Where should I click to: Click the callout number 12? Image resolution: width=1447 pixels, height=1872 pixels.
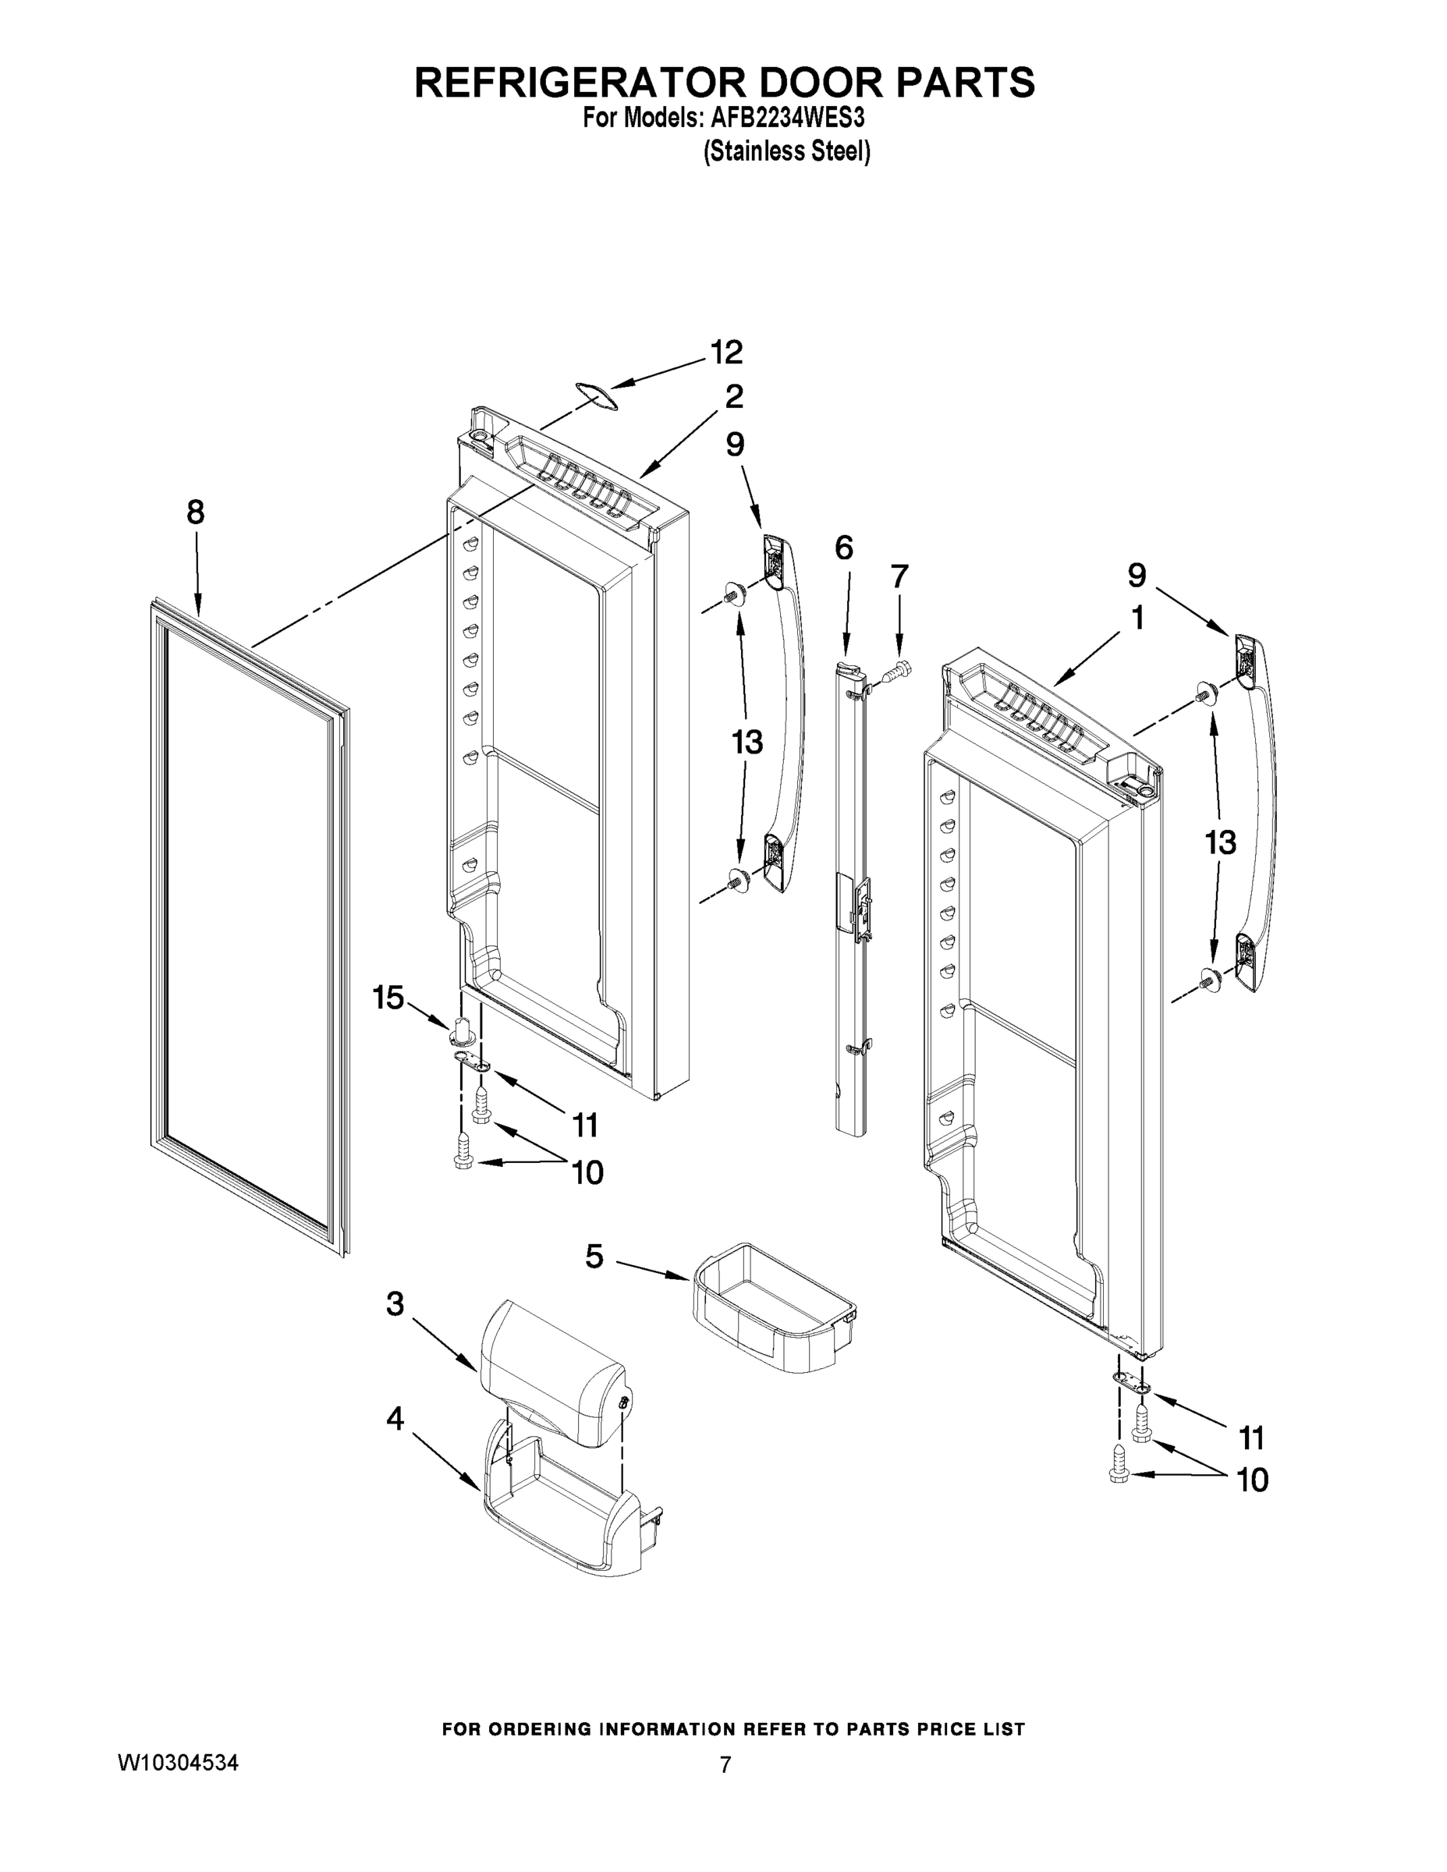click(726, 353)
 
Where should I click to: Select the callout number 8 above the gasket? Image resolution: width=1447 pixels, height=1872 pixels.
click(196, 512)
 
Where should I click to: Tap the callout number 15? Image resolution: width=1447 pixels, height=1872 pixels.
click(388, 997)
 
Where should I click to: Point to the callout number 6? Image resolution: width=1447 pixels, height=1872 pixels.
click(843, 548)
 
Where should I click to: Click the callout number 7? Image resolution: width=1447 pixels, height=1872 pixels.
click(899, 576)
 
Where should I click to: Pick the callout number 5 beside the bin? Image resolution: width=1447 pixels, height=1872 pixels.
click(594, 1257)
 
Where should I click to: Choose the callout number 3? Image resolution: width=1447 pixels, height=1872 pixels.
click(395, 1303)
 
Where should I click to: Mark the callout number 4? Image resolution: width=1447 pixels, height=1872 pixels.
click(395, 1420)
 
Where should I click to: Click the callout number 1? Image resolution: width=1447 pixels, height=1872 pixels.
click(1137, 617)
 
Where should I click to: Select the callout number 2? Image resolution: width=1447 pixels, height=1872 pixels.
click(734, 397)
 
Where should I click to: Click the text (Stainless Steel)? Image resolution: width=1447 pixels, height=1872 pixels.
click(787, 152)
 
